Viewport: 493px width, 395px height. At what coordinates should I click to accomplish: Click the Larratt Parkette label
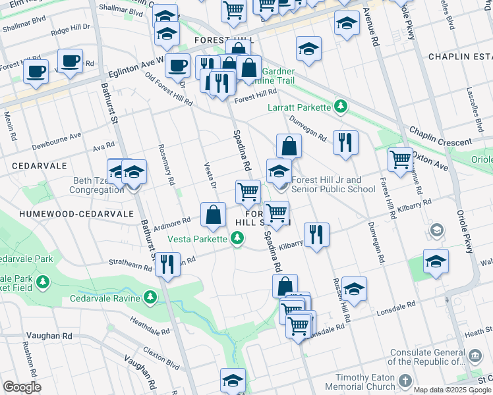[x=300, y=107]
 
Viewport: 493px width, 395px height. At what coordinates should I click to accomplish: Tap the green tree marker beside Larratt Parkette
[x=340, y=105]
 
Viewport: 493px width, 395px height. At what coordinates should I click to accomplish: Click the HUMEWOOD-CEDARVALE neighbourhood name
[x=67, y=214]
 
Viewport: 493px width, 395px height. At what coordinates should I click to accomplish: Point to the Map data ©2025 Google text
[x=452, y=390]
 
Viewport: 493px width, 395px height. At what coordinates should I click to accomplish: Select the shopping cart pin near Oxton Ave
[x=400, y=159]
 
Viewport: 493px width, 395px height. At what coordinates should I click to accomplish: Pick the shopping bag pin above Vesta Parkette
[x=213, y=215]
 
